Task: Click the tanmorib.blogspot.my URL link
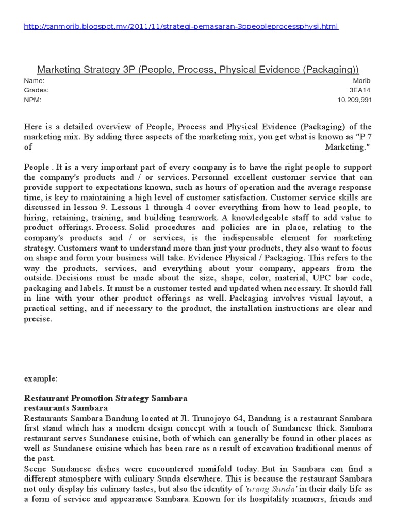pyautogui.click(x=181, y=27)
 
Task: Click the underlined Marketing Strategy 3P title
pyautogui.click(x=198, y=70)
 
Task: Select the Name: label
pyautogui.click(x=34, y=81)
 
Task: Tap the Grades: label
pyautogui.click(x=37, y=90)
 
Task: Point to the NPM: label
pyautogui.click(x=32, y=100)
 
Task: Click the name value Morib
pyautogui.click(x=362, y=81)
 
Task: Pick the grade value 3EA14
pyautogui.click(x=360, y=90)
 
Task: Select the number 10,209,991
pyautogui.click(x=354, y=100)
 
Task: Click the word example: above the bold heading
pyautogui.click(x=41, y=378)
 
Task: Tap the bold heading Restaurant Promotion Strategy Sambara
pyautogui.click(x=106, y=399)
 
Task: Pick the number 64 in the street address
pyautogui.click(x=211, y=418)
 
